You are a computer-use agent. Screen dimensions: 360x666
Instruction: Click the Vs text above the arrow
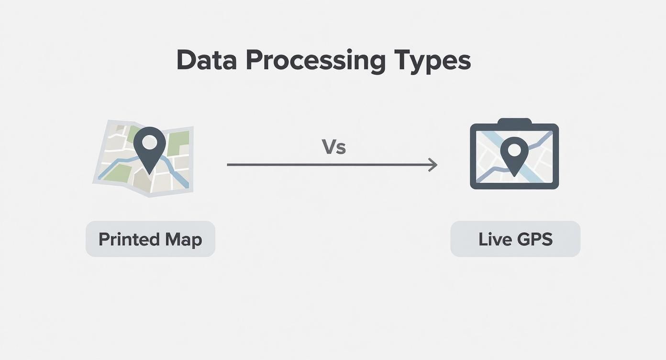[333, 147]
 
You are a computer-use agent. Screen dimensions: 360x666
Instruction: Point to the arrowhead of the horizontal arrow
[434, 165]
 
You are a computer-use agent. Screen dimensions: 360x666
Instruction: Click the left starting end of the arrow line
[228, 165]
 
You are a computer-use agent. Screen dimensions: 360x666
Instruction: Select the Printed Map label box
[150, 239]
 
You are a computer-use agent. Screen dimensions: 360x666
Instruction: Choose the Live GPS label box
[515, 239]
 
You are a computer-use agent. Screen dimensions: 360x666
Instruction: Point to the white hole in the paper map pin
[150, 142]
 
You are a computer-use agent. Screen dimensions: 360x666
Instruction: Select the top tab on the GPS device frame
[514, 122]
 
